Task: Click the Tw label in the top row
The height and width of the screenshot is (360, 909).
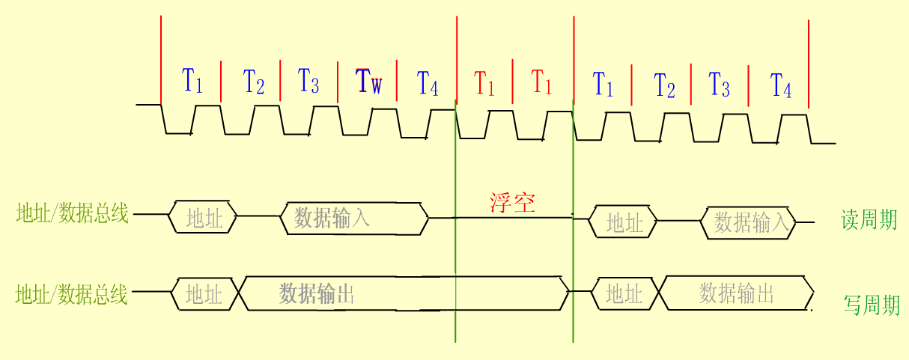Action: [368, 81]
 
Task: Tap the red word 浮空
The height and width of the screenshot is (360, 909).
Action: [513, 203]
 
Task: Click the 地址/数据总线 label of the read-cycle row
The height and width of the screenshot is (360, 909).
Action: [72, 214]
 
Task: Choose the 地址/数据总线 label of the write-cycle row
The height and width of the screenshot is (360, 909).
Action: [72, 295]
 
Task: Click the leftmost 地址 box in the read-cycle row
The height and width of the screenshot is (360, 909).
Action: [204, 218]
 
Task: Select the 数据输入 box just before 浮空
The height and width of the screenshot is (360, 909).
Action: [353, 218]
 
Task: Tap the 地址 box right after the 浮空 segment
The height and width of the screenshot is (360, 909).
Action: [624, 222]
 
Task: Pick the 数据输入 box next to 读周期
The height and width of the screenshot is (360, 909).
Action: [750, 222]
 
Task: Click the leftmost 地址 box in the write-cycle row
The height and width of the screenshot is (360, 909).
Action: [204, 294]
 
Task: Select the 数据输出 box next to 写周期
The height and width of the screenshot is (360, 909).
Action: [736, 293]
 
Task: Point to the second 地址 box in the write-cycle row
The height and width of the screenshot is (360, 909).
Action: [624, 294]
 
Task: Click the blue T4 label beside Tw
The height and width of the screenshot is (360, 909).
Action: [428, 82]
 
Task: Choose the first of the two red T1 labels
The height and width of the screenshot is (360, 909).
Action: [484, 82]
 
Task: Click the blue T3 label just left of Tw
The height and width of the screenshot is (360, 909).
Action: [308, 80]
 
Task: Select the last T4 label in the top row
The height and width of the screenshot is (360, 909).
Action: [781, 85]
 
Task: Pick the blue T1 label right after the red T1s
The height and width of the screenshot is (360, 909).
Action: [603, 83]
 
